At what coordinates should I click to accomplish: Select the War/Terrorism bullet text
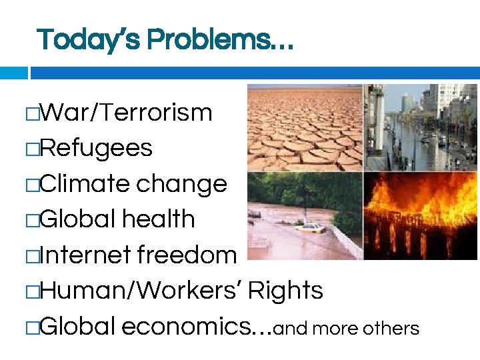126,113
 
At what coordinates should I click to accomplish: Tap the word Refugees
96,149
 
